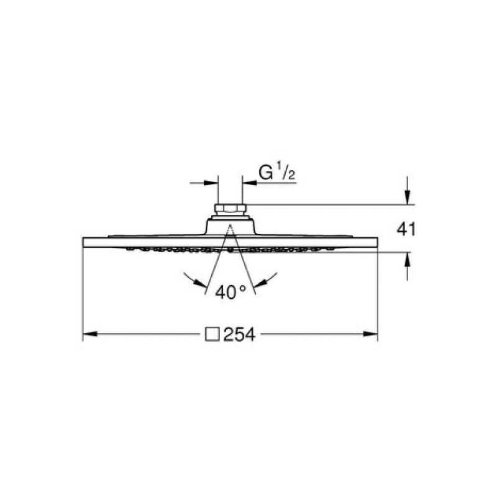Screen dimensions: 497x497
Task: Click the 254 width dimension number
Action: pyautogui.click(x=239, y=334)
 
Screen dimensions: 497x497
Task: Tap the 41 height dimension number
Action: pyautogui.click(x=406, y=229)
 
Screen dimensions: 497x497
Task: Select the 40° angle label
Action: pyautogui.click(x=230, y=292)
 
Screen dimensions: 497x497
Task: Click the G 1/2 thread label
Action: pyautogui.click(x=277, y=173)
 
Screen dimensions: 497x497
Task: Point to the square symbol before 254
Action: pyautogui.click(x=212, y=334)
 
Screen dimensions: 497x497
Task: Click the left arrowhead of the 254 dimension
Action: pyautogui.click(x=90, y=334)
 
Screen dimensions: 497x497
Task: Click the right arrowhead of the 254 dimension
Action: pyautogui.click(x=370, y=334)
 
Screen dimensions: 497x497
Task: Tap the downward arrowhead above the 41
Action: pyautogui.click(x=408, y=197)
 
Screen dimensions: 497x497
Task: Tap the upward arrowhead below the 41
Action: pyautogui.click(x=408, y=259)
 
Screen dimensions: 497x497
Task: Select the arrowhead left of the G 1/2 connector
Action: pyautogui.click(x=211, y=183)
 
